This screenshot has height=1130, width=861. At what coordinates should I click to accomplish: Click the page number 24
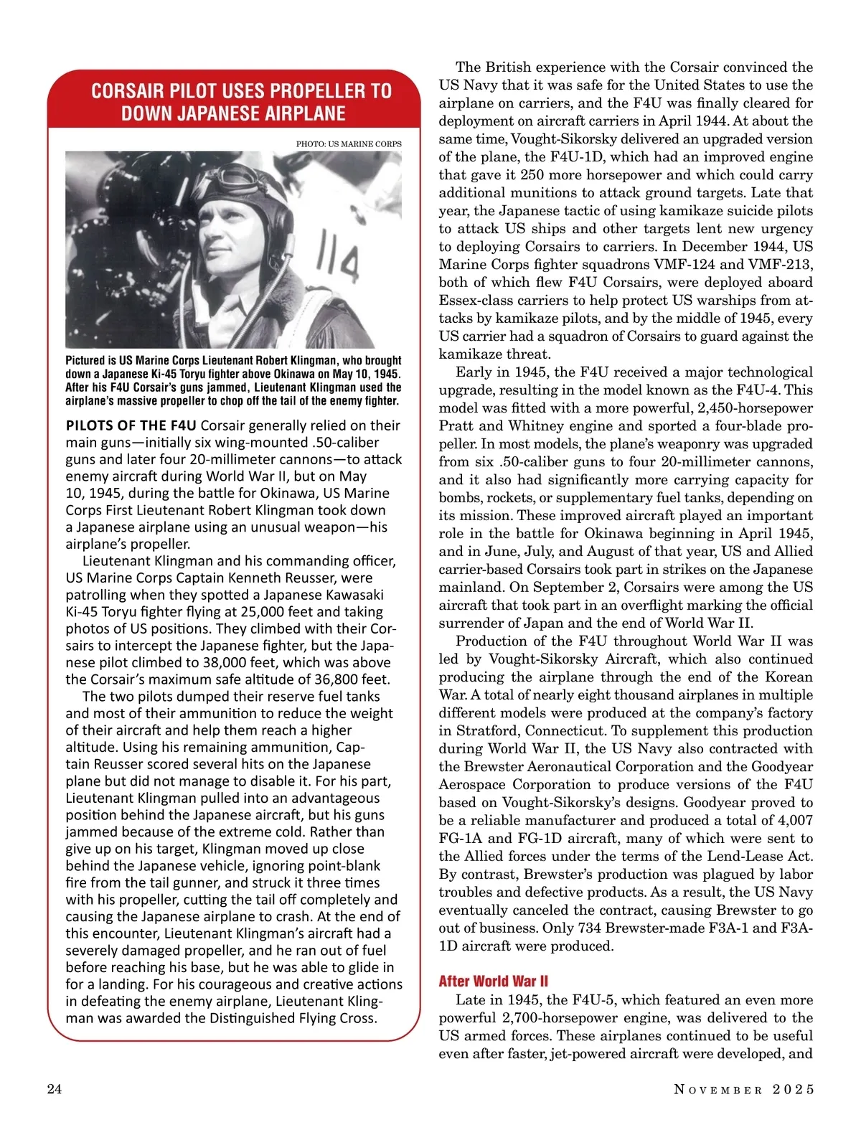54,1090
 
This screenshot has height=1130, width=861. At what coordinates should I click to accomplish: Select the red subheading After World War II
494,981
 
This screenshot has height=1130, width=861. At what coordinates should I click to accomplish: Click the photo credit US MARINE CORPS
349,143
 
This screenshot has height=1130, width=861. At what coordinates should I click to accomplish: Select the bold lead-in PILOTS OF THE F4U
131,425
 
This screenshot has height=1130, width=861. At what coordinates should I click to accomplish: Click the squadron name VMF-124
712,265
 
